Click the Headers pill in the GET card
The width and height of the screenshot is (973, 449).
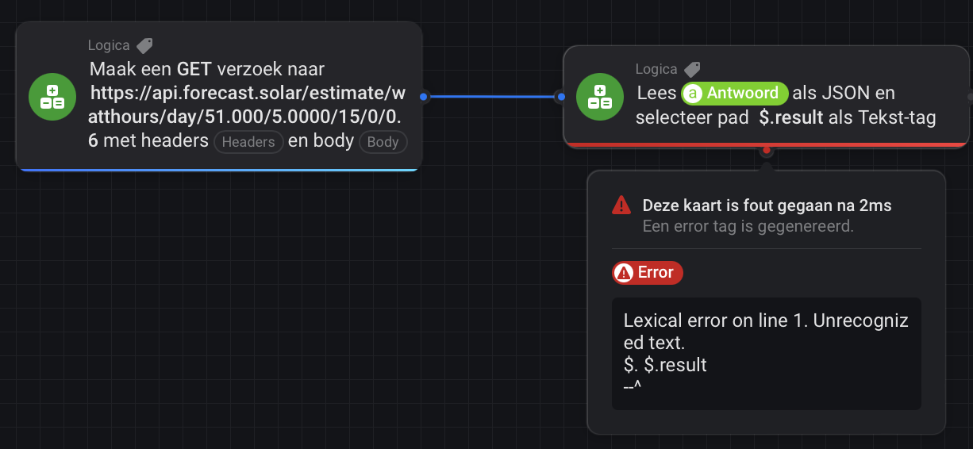pyautogui.click(x=248, y=142)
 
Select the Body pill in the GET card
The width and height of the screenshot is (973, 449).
pyautogui.click(x=383, y=142)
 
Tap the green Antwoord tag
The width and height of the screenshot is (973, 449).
pyautogui.click(x=735, y=93)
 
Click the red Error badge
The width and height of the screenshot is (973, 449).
pyautogui.click(x=648, y=273)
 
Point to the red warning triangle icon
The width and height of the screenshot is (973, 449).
pyautogui.click(x=621, y=205)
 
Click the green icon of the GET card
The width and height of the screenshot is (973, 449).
pyautogui.click(x=52, y=97)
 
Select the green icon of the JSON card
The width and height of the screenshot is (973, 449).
pyautogui.click(x=600, y=97)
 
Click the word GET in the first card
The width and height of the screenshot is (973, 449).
pyautogui.click(x=194, y=69)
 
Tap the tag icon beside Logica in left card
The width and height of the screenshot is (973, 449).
pyautogui.click(x=144, y=45)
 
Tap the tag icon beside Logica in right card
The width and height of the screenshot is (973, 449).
pyautogui.click(x=692, y=70)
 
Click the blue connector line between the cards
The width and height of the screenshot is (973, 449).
pyautogui.click(x=492, y=97)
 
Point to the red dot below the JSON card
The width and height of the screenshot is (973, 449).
pyautogui.click(x=767, y=150)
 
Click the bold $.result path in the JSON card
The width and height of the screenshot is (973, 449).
pyautogui.click(x=791, y=117)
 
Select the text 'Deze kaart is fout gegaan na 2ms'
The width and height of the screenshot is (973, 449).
pyautogui.click(x=767, y=205)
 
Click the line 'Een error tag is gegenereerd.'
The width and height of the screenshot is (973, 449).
pyautogui.click(x=748, y=226)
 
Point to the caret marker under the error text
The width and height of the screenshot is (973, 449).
pyautogui.click(x=632, y=386)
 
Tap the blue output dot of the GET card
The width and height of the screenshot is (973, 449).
pyautogui.click(x=424, y=97)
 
